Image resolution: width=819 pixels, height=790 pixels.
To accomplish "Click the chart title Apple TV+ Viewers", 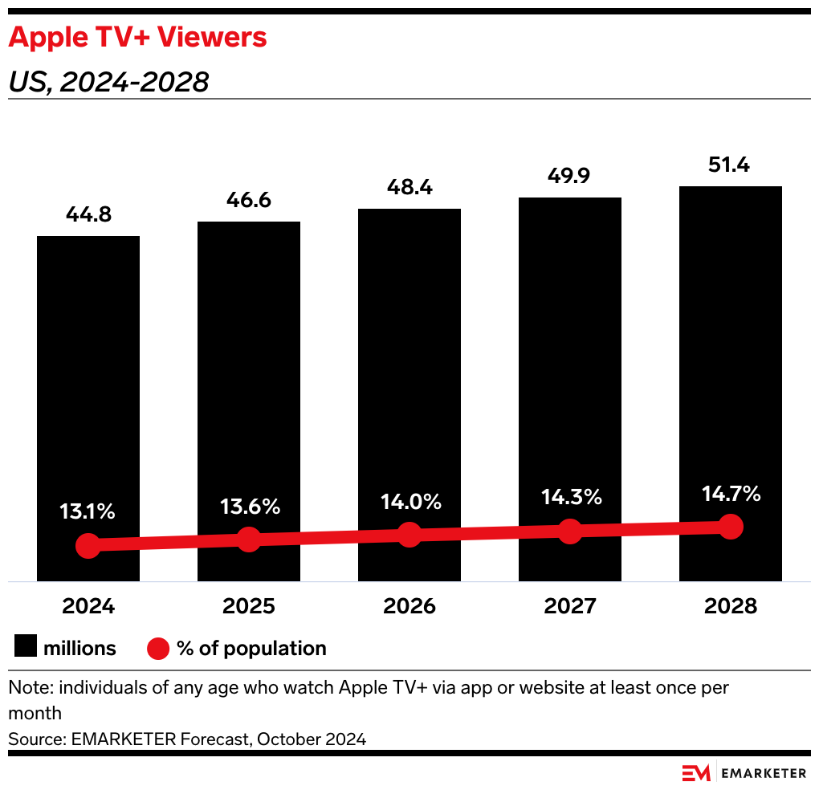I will [137, 37].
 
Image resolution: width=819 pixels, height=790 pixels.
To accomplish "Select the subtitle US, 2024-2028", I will [108, 82].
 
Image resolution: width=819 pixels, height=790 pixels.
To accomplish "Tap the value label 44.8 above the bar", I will [88, 216].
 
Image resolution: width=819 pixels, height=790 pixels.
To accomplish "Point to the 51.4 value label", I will [730, 166].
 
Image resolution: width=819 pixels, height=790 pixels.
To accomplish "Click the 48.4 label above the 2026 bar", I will [409, 189].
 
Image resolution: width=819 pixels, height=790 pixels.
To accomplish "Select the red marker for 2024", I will [88, 546].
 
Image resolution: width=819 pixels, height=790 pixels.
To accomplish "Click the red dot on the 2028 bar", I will [730, 527].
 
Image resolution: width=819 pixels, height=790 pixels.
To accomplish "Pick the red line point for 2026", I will [409, 535].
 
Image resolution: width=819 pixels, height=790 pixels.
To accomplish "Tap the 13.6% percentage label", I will [249, 507].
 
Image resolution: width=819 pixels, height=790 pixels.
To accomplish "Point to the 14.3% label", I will [570, 497].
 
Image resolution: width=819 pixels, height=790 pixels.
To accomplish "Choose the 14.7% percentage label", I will [730, 494].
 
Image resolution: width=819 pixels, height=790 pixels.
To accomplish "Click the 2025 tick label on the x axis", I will [249, 606].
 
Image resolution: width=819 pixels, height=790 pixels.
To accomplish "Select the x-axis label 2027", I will [570, 606].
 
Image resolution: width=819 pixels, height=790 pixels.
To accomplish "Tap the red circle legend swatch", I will [157, 648].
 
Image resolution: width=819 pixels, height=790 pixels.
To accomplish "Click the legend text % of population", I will [251, 648].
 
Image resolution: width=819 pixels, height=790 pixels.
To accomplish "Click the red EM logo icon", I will [696, 773].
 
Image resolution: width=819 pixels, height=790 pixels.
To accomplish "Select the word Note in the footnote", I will [26, 688].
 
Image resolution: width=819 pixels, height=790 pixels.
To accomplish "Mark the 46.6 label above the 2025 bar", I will [249, 202].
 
